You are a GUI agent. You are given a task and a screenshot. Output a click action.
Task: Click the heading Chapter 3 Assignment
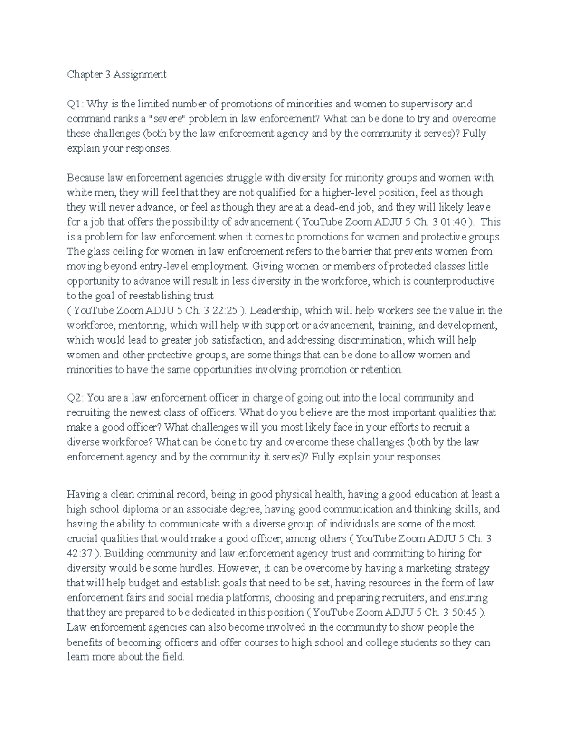pyautogui.click(x=117, y=74)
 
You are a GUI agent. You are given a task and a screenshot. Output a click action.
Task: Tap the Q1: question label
pyautogui.click(x=76, y=104)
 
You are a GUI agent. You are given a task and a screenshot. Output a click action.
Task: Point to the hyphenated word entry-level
pyautogui.click(x=149, y=266)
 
